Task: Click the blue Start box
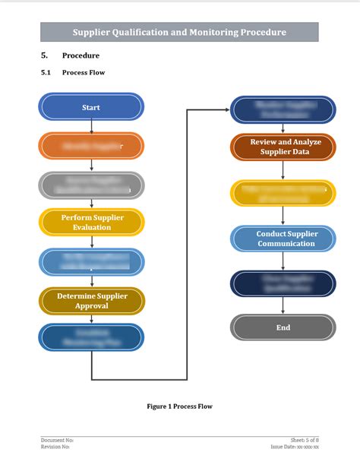[x=91, y=107]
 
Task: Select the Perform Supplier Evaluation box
[x=91, y=222]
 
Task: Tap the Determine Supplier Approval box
[x=91, y=301]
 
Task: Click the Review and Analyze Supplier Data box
[x=283, y=147]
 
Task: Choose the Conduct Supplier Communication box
[x=283, y=239]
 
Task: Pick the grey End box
[x=283, y=327]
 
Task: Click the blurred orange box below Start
[x=91, y=145]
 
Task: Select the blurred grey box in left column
[x=91, y=185]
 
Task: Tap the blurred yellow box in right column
[x=283, y=193]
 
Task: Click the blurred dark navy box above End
[x=283, y=283]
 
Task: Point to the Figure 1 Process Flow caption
[x=179, y=406]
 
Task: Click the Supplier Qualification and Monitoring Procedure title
[x=179, y=32]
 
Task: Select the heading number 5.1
[x=45, y=73]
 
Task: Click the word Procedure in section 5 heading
[x=81, y=55]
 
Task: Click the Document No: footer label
[x=57, y=440]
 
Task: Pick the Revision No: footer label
[x=56, y=447]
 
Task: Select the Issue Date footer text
[x=295, y=447]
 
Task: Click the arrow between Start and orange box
[x=91, y=126]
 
